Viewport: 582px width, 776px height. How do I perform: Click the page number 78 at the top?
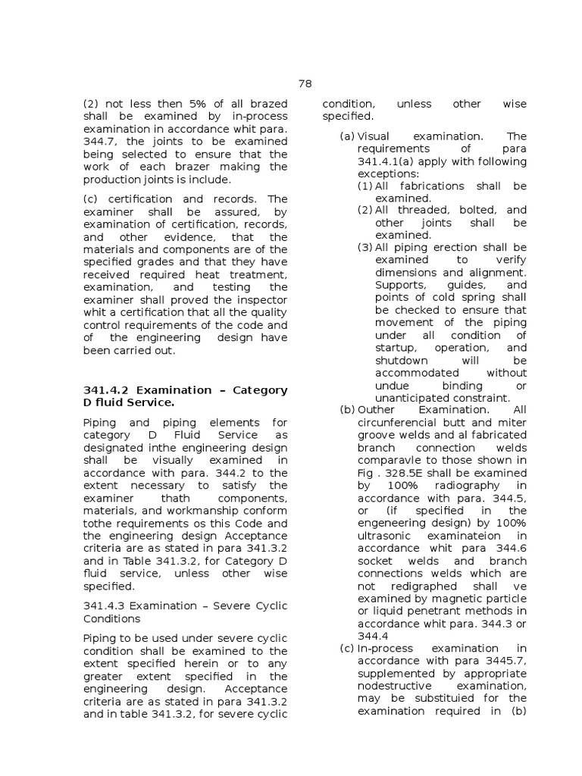pyautogui.click(x=305, y=84)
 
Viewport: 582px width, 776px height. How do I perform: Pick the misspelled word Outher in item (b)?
pyautogui.click(x=377, y=410)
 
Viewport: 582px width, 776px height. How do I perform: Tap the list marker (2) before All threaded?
pyautogui.click(x=365, y=210)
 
